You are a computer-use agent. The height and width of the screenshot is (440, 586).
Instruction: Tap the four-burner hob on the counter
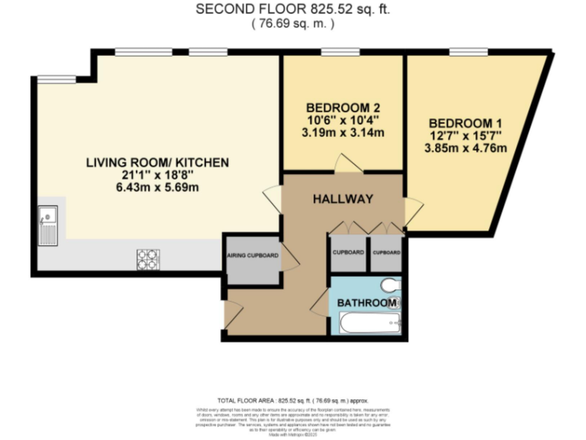[x=147, y=260]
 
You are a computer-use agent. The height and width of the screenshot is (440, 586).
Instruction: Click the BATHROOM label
[x=367, y=303]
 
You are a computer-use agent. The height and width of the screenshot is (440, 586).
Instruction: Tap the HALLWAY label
[x=343, y=199]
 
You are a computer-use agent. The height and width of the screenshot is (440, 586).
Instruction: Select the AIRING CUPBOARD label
[x=251, y=256]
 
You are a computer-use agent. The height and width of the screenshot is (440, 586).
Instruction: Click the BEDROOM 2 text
[x=341, y=108]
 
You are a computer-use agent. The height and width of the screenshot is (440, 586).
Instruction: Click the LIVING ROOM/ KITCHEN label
[x=157, y=163]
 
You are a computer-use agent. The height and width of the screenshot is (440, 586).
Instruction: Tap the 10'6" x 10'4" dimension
[x=341, y=120]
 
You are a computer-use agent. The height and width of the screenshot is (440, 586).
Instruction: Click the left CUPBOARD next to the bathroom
[x=348, y=253]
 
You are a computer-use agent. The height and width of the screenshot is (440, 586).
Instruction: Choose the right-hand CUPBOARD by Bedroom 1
[x=386, y=253]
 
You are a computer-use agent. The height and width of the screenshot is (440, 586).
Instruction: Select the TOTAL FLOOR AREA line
[x=293, y=400]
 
